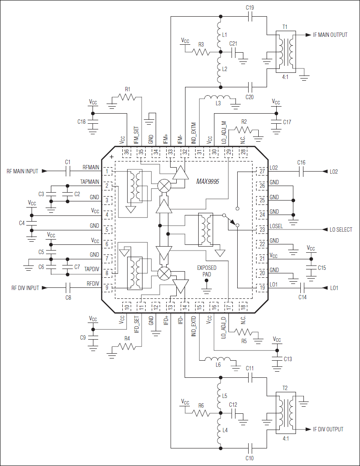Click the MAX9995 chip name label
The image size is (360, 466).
(208, 181)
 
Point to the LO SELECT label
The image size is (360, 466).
(341, 229)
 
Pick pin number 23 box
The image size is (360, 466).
(262, 229)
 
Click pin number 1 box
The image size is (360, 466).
(107, 171)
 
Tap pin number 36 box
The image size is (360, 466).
(127, 152)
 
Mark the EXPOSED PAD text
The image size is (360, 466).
(206, 271)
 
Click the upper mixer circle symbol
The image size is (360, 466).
(164, 186)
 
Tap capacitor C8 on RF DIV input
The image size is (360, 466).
(68, 288)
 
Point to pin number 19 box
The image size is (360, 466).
(262, 288)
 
